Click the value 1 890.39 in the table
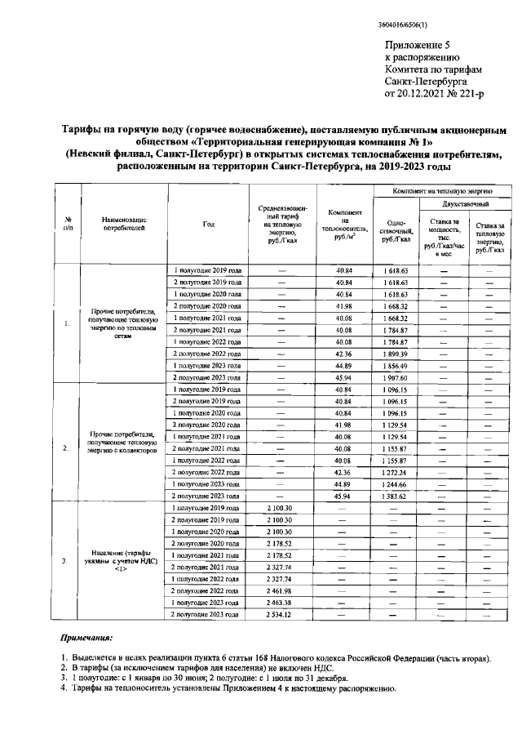[399, 354]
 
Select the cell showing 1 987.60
[399, 378]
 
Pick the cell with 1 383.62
[399, 496]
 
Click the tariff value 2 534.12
[279, 613]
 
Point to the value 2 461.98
[279, 590]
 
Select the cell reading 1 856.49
[399, 367]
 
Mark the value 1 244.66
[399, 484]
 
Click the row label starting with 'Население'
[125, 560]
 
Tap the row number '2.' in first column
[66, 447]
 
